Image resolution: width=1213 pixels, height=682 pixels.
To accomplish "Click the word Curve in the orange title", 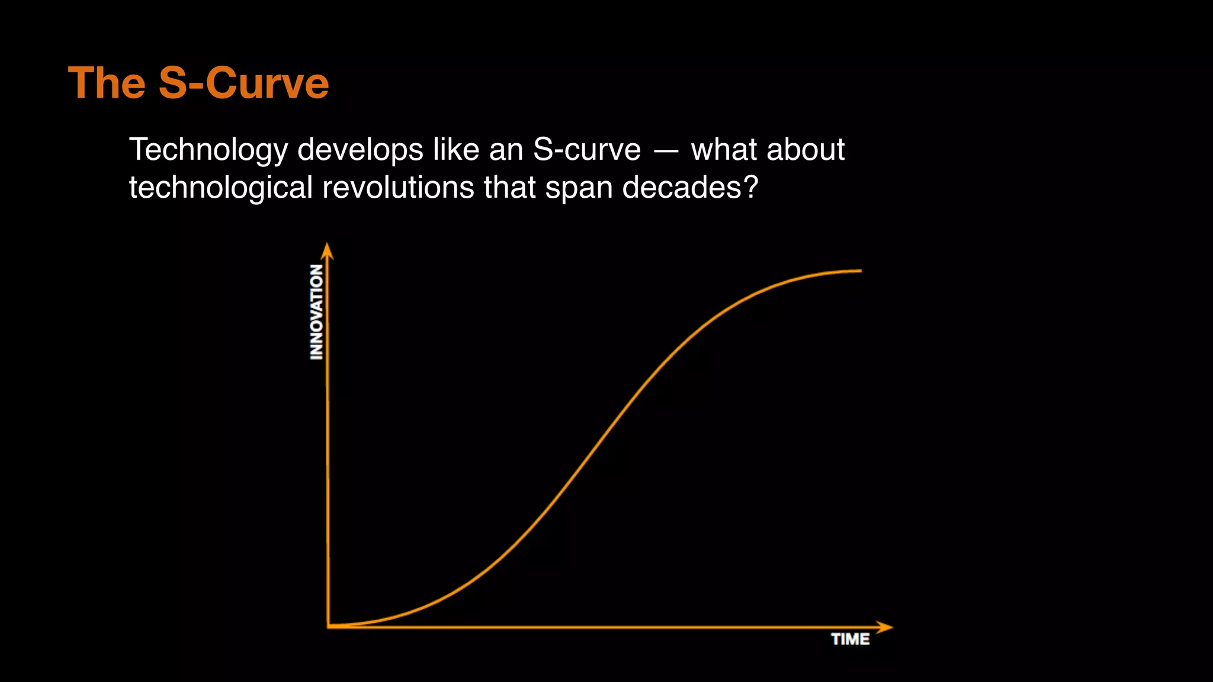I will [267, 83].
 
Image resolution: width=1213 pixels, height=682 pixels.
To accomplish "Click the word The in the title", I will [107, 83].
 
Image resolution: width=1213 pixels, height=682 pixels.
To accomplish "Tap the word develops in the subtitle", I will [360, 150].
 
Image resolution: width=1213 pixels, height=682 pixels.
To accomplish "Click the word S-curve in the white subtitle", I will [586, 150].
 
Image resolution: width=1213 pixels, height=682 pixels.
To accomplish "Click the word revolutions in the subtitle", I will [398, 188].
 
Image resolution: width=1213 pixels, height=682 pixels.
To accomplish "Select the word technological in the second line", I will [220, 188].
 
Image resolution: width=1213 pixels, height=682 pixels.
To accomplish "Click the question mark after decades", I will [750, 188].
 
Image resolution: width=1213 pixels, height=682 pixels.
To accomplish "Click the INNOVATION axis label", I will [317, 312].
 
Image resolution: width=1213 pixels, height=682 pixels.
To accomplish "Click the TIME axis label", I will [850, 639].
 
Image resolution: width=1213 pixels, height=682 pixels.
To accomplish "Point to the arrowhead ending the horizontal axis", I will [885, 627].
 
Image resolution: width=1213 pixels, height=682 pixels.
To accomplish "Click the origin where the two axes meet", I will [328, 626].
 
